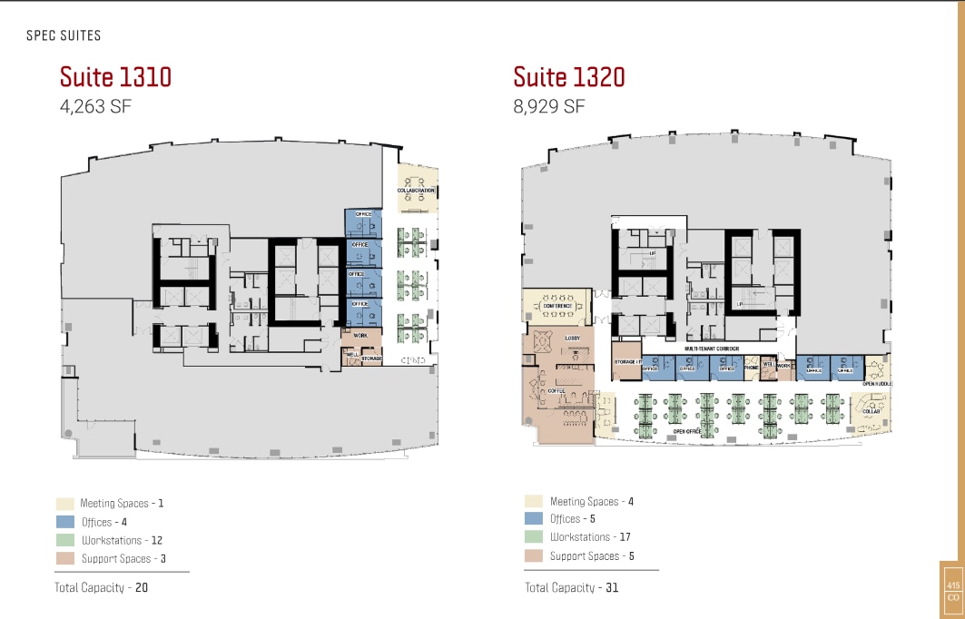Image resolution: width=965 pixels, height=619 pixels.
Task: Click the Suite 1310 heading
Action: point(115,76)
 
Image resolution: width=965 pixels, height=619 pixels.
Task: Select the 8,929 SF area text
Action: point(549,106)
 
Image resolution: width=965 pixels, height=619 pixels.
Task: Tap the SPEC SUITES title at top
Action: point(64,35)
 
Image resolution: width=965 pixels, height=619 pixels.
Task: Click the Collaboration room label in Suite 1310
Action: point(416,191)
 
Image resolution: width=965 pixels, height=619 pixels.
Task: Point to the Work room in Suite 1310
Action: point(360,336)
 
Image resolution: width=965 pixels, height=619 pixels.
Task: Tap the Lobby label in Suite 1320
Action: point(573,338)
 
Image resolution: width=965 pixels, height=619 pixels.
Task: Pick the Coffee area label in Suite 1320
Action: point(556,391)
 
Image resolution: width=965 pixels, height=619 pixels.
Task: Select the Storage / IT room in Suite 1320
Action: point(625,363)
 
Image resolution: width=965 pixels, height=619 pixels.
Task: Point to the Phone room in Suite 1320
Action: point(751,368)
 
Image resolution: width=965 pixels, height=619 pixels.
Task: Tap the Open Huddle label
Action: point(877,384)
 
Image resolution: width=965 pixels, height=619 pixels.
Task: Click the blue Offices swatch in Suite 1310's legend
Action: point(64,522)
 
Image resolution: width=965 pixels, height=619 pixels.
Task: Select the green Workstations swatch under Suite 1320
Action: point(534,537)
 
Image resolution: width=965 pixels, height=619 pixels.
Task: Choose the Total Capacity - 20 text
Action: point(101,587)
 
